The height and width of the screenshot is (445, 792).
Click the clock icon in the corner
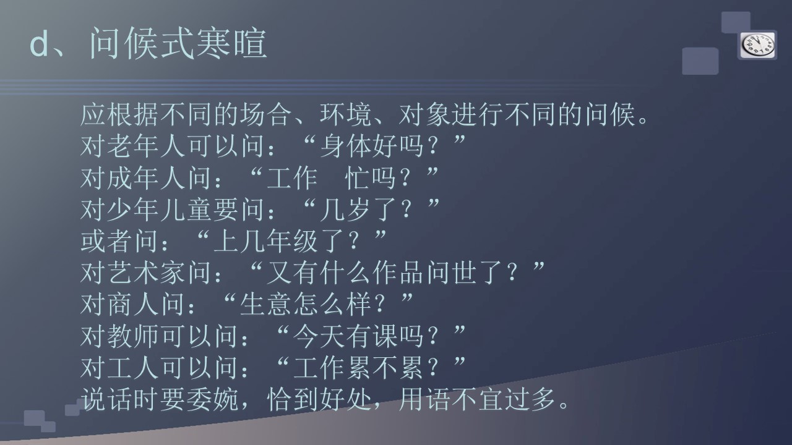(x=757, y=46)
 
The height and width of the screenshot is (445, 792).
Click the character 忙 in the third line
(x=358, y=177)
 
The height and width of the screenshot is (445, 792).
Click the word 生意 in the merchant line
(x=266, y=304)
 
